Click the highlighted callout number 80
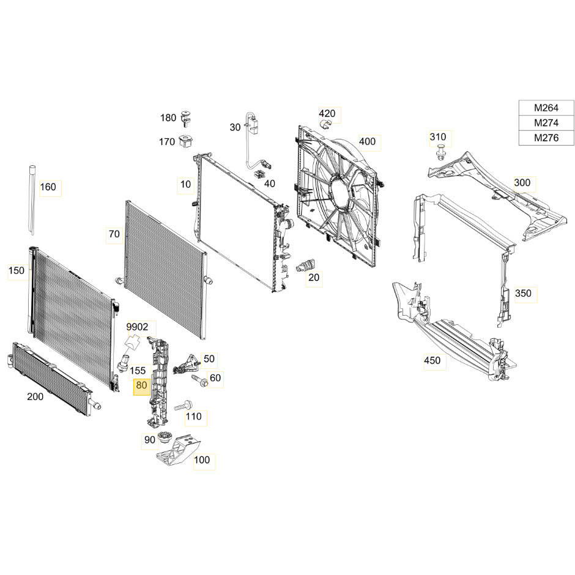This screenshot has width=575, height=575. [x=141, y=385]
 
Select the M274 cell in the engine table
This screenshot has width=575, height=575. [x=546, y=123]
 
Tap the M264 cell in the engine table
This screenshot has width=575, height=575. [x=546, y=108]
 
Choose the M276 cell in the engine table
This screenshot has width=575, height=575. [x=546, y=138]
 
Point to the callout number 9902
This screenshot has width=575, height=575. [x=137, y=327]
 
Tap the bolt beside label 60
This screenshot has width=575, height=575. [x=200, y=380]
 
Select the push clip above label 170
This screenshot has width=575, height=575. [x=187, y=118]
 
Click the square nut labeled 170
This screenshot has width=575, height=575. [x=185, y=141]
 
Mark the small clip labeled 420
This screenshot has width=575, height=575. [x=325, y=124]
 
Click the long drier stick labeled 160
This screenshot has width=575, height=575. [x=32, y=200]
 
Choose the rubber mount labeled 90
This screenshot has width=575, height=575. [x=165, y=438]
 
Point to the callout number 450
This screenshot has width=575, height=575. [x=432, y=360]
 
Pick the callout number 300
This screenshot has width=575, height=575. [x=522, y=183]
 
